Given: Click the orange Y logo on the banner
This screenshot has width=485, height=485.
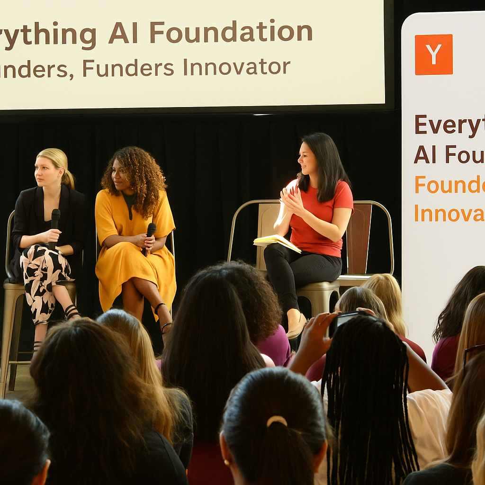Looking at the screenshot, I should (x=433, y=54).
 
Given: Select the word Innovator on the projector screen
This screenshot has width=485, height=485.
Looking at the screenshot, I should (x=236, y=67).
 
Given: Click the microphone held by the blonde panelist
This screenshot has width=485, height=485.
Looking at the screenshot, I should (x=55, y=223).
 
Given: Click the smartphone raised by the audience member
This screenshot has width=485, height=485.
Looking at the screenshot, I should (x=350, y=318).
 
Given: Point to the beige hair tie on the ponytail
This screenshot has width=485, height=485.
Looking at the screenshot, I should (x=277, y=421).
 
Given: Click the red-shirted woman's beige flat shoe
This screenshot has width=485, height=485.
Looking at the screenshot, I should (x=296, y=327).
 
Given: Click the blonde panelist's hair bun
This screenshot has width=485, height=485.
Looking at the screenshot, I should (x=69, y=179).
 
